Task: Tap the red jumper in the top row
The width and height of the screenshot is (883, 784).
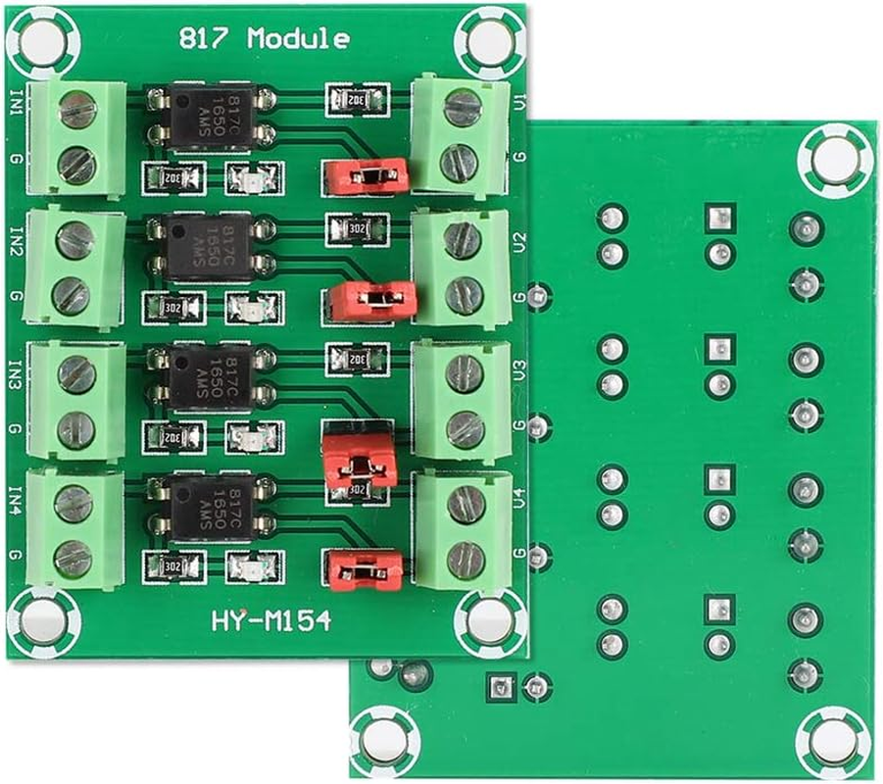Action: tap(366, 174)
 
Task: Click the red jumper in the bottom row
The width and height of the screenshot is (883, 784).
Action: tap(365, 570)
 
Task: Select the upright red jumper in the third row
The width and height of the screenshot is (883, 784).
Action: tap(359, 455)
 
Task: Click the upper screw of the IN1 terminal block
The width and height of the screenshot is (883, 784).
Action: tap(76, 111)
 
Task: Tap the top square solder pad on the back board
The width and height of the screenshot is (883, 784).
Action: tap(719, 216)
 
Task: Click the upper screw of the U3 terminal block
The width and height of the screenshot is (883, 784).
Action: tap(465, 369)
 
